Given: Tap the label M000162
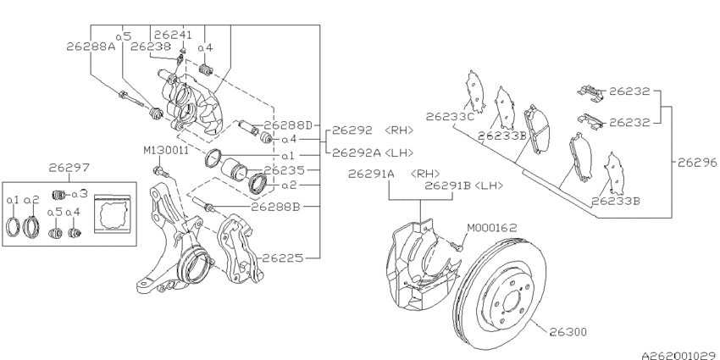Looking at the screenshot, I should coord(496,227).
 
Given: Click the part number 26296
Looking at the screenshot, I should coord(696,161).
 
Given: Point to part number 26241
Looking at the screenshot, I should coord(174,35).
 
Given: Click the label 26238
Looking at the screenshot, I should coord(150,47).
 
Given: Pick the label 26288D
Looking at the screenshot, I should coord(290,125).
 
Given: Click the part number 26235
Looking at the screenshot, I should coord(283,170).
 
